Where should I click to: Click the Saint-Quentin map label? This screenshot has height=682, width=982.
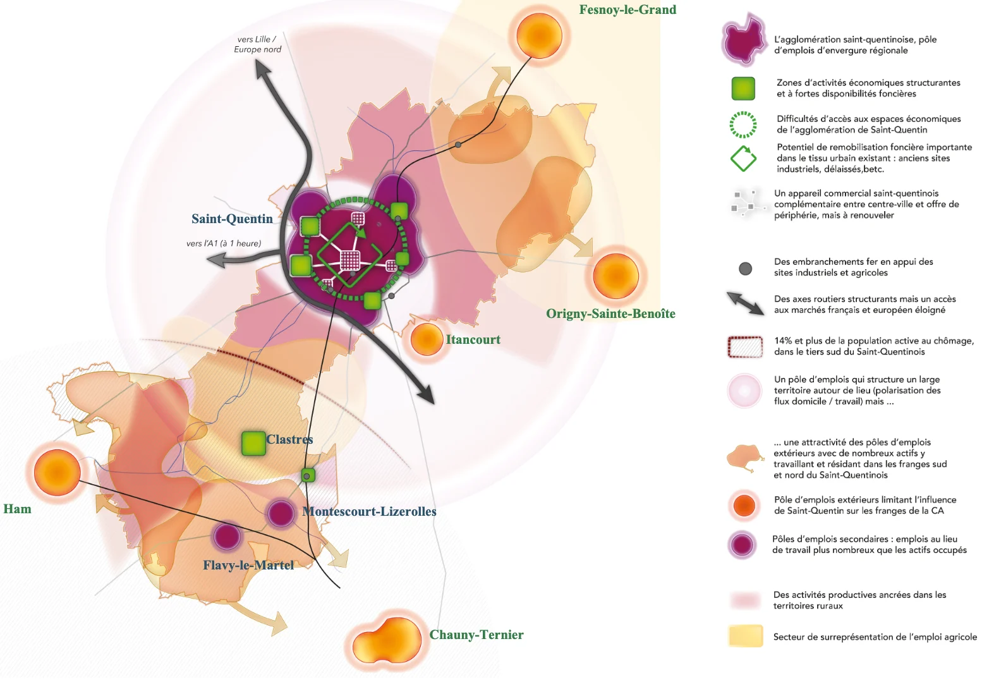(232, 219)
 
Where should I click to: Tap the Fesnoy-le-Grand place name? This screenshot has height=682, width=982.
(627, 10)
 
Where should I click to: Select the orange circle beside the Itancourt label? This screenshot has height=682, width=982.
(427, 339)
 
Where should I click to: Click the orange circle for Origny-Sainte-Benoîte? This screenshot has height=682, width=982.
(615, 276)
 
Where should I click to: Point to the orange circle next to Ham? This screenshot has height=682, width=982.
(57, 473)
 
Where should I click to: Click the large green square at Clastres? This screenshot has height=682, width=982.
(253, 443)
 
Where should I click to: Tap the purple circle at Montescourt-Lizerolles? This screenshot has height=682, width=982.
(281, 513)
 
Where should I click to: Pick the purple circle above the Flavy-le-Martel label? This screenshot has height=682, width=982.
(226, 537)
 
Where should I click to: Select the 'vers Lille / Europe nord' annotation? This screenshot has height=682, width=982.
(257, 44)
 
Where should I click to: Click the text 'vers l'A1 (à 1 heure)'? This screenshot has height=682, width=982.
(223, 243)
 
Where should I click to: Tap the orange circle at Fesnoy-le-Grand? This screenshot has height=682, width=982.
(539, 36)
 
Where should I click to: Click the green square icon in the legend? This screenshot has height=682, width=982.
(743, 88)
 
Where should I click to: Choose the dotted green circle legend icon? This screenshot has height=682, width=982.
(743, 125)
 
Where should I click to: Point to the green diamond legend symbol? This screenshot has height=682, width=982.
(743, 159)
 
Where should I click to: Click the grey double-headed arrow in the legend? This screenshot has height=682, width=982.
(745, 303)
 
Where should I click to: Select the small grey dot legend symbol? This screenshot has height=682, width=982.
(745, 269)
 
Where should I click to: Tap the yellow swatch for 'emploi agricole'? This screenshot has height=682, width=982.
(745, 636)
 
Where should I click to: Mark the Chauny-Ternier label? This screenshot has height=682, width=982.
(476, 635)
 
